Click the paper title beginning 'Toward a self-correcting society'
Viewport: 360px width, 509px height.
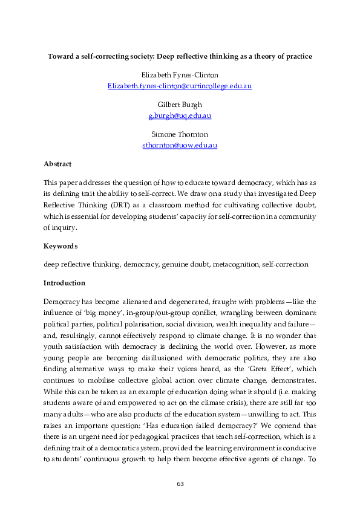tap(180, 57)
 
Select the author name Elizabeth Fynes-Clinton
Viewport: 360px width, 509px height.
tap(180, 75)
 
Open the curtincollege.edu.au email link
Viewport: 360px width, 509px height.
tap(180, 86)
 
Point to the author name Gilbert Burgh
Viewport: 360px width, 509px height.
tap(180, 105)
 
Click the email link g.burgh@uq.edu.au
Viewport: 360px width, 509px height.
tap(180, 115)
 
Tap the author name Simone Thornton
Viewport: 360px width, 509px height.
tap(180, 134)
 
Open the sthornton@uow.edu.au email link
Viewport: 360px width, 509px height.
tap(180, 145)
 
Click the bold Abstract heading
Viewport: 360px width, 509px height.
tap(57, 164)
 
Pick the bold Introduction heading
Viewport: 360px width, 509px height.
tap(64, 283)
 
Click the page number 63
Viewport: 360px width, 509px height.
tap(180, 484)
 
